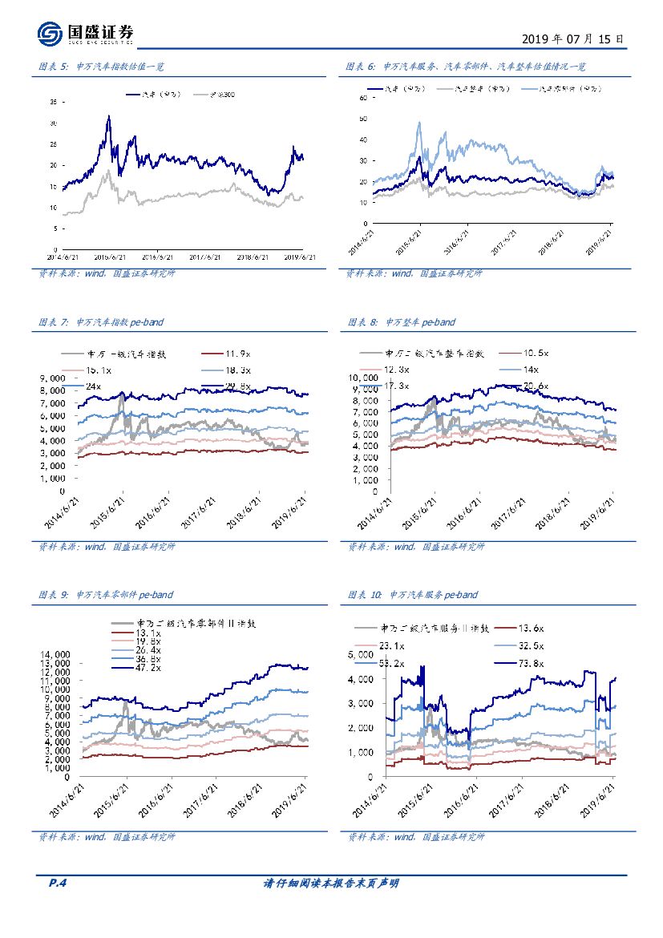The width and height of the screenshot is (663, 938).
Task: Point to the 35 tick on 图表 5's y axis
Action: click(53, 103)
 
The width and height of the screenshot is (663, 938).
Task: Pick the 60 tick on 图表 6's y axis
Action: click(363, 97)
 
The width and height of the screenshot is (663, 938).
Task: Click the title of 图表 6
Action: click(478, 67)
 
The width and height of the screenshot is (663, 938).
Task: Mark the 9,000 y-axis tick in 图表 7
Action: click(52, 377)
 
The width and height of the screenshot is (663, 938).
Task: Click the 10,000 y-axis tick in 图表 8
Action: click(362, 376)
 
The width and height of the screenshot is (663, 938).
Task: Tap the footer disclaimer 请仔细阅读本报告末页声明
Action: click(331, 883)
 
